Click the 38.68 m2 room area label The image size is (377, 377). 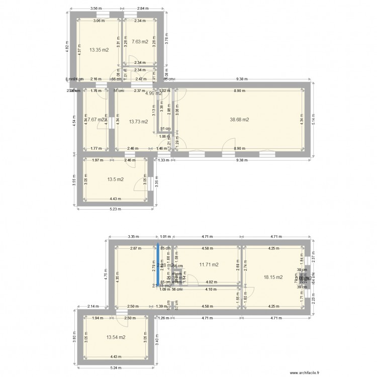pyautogui.click(x=240, y=120)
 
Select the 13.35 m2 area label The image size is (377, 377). pyautogui.click(x=99, y=50)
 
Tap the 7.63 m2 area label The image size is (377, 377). pyautogui.click(x=139, y=42)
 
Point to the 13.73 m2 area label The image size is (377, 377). pyautogui.click(x=138, y=122)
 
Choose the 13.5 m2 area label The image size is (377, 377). pyautogui.click(x=115, y=179)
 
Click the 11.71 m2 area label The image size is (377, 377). pyautogui.click(x=209, y=264)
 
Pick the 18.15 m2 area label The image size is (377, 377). pyautogui.click(x=273, y=277)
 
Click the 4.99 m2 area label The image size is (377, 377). pyautogui.click(x=153, y=93)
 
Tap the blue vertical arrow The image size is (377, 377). pyautogui.click(x=158, y=266)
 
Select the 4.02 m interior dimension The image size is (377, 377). pyautogui.click(x=212, y=282)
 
